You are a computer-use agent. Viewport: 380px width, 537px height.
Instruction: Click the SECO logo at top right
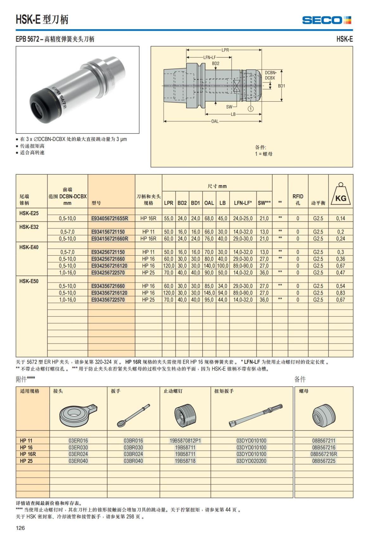coord(326,20)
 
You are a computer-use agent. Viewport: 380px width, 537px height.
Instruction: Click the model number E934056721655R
coord(110,218)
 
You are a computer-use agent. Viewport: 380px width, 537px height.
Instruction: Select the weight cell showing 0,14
coord(341,218)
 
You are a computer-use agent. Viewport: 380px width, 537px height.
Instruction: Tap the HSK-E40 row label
coord(29,247)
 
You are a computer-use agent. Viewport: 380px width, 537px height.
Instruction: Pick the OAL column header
coord(209,203)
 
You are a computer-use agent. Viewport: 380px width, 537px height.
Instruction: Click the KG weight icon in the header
coord(341,195)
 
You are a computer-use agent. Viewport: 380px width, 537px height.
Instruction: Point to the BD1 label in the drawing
coord(281,86)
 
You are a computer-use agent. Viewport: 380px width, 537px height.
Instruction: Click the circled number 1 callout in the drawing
coord(250,109)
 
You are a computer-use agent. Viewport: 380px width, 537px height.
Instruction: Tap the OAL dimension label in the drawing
coord(215,121)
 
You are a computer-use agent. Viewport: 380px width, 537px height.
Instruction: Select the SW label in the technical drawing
coord(229,107)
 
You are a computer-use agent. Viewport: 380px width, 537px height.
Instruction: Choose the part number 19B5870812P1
coord(185,440)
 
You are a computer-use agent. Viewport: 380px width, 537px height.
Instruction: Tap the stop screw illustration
coord(185,415)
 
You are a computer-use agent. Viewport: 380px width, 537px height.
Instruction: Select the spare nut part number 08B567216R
coord(324,454)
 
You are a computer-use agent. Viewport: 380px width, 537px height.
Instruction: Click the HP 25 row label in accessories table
coord(26,461)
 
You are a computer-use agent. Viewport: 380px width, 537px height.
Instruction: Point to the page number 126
coord(20,528)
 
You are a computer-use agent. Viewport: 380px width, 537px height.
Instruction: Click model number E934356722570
coord(108,300)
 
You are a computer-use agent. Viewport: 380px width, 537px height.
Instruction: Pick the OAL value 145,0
coord(209,293)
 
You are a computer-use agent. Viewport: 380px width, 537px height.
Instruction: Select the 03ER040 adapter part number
coord(78,461)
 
